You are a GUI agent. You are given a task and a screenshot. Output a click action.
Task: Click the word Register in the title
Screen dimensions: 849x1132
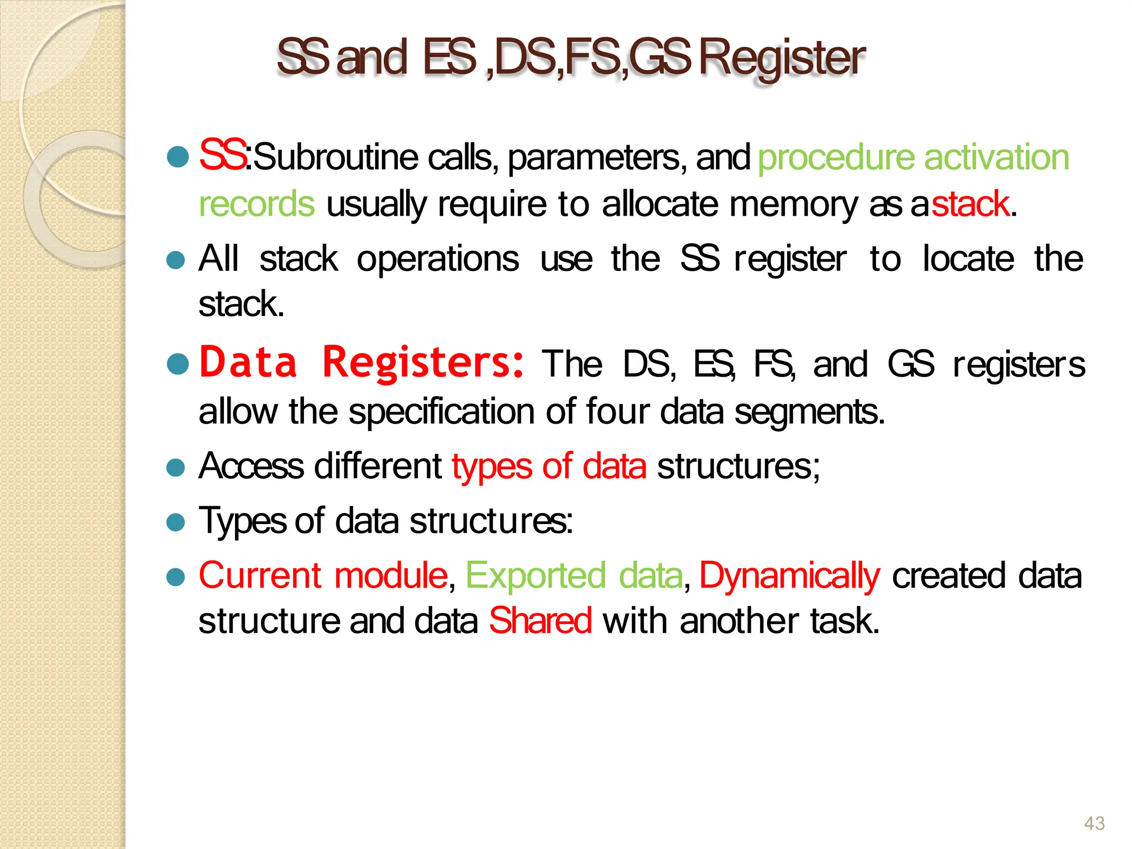(x=782, y=59)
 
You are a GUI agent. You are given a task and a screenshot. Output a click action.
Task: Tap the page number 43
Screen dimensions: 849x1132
(x=1094, y=824)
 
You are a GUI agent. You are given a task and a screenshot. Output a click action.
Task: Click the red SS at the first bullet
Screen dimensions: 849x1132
(x=222, y=155)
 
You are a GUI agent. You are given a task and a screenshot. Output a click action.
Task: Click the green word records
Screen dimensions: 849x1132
(x=256, y=204)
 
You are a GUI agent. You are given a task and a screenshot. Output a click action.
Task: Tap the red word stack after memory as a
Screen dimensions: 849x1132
(x=971, y=204)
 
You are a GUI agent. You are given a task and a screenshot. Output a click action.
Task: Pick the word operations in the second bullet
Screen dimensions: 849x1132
(x=438, y=259)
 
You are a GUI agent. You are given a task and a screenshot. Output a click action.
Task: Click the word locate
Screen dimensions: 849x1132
(x=968, y=259)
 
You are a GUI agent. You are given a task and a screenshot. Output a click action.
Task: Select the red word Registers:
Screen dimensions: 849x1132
(x=423, y=362)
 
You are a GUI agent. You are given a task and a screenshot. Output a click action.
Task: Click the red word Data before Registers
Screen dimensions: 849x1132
(x=248, y=362)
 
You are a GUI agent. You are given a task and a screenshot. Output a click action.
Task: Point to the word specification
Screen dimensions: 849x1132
(x=442, y=412)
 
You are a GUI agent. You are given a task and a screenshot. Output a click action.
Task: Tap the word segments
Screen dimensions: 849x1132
(x=809, y=412)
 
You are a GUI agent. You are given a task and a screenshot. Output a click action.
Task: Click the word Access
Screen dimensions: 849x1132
(x=251, y=466)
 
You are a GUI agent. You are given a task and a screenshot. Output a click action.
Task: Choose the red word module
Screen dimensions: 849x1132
(x=390, y=575)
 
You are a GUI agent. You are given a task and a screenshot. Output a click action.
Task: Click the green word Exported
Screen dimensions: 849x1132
(x=536, y=576)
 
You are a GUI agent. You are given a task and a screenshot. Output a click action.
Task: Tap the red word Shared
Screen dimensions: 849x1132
(x=540, y=621)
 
